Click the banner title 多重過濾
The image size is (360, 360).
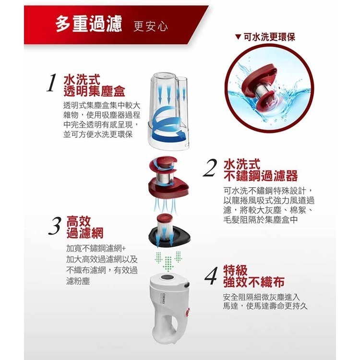(89, 24)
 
